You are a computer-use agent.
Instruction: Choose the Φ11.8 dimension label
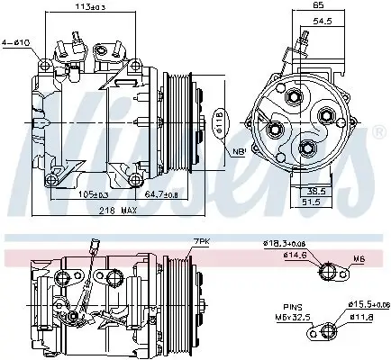[362, 317]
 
